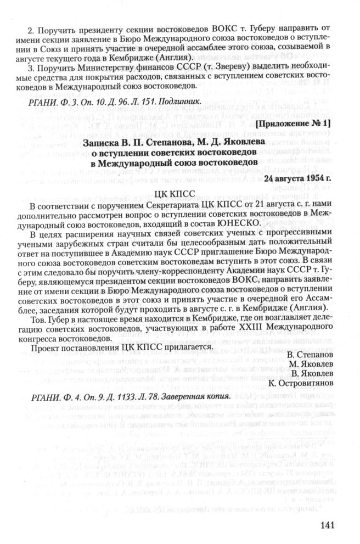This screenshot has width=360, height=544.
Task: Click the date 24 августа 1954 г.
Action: click(x=296, y=179)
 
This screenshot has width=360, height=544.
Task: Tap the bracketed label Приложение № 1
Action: click(x=294, y=125)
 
